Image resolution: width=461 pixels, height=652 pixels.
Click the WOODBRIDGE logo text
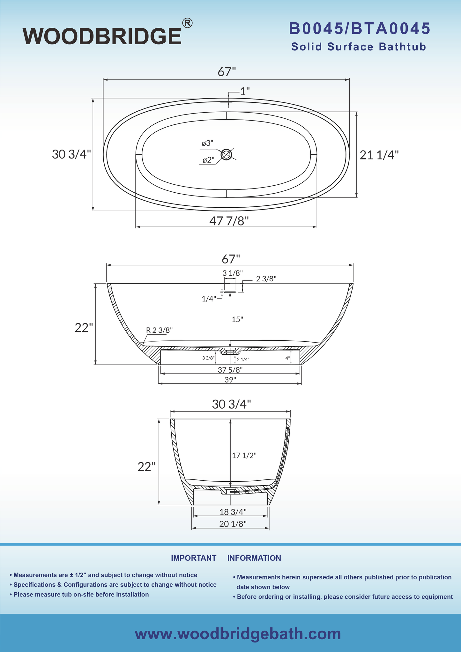click(102, 36)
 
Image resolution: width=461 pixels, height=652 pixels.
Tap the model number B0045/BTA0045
click(360, 29)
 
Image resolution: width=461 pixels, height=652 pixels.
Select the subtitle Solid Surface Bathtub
click(359, 47)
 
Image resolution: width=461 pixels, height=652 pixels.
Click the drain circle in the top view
click(227, 155)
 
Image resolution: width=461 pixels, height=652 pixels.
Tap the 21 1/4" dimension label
click(379, 155)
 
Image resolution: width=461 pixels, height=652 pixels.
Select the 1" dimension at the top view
click(245, 92)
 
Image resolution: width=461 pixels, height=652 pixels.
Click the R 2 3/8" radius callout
click(159, 330)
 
